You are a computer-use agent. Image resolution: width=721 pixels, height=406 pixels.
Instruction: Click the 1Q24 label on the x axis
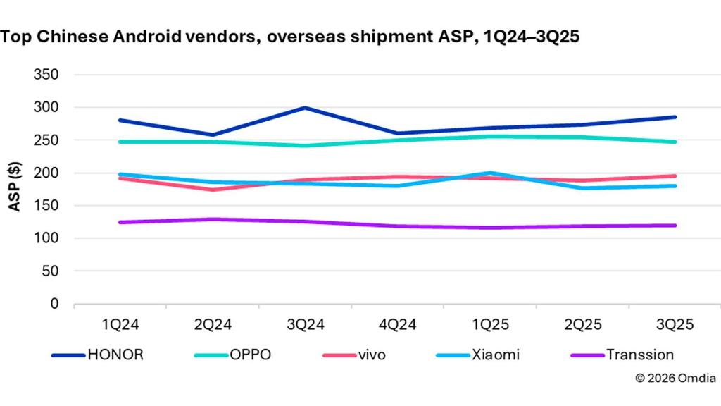click(x=120, y=325)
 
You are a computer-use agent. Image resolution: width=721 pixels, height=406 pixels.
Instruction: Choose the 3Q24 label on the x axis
click(x=305, y=325)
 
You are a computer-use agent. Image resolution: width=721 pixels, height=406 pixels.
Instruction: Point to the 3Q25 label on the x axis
click(x=674, y=325)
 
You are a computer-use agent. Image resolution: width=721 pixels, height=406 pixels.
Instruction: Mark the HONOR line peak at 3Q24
click(x=305, y=108)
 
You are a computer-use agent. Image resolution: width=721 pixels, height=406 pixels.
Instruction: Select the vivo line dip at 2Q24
click(x=213, y=190)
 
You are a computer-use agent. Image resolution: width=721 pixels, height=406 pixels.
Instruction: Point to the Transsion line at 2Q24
click(x=213, y=219)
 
